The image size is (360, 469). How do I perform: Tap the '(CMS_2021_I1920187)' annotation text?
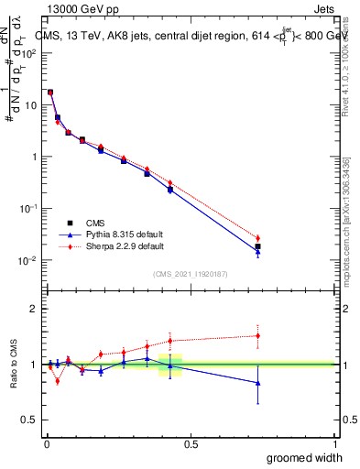tap(190, 273)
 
